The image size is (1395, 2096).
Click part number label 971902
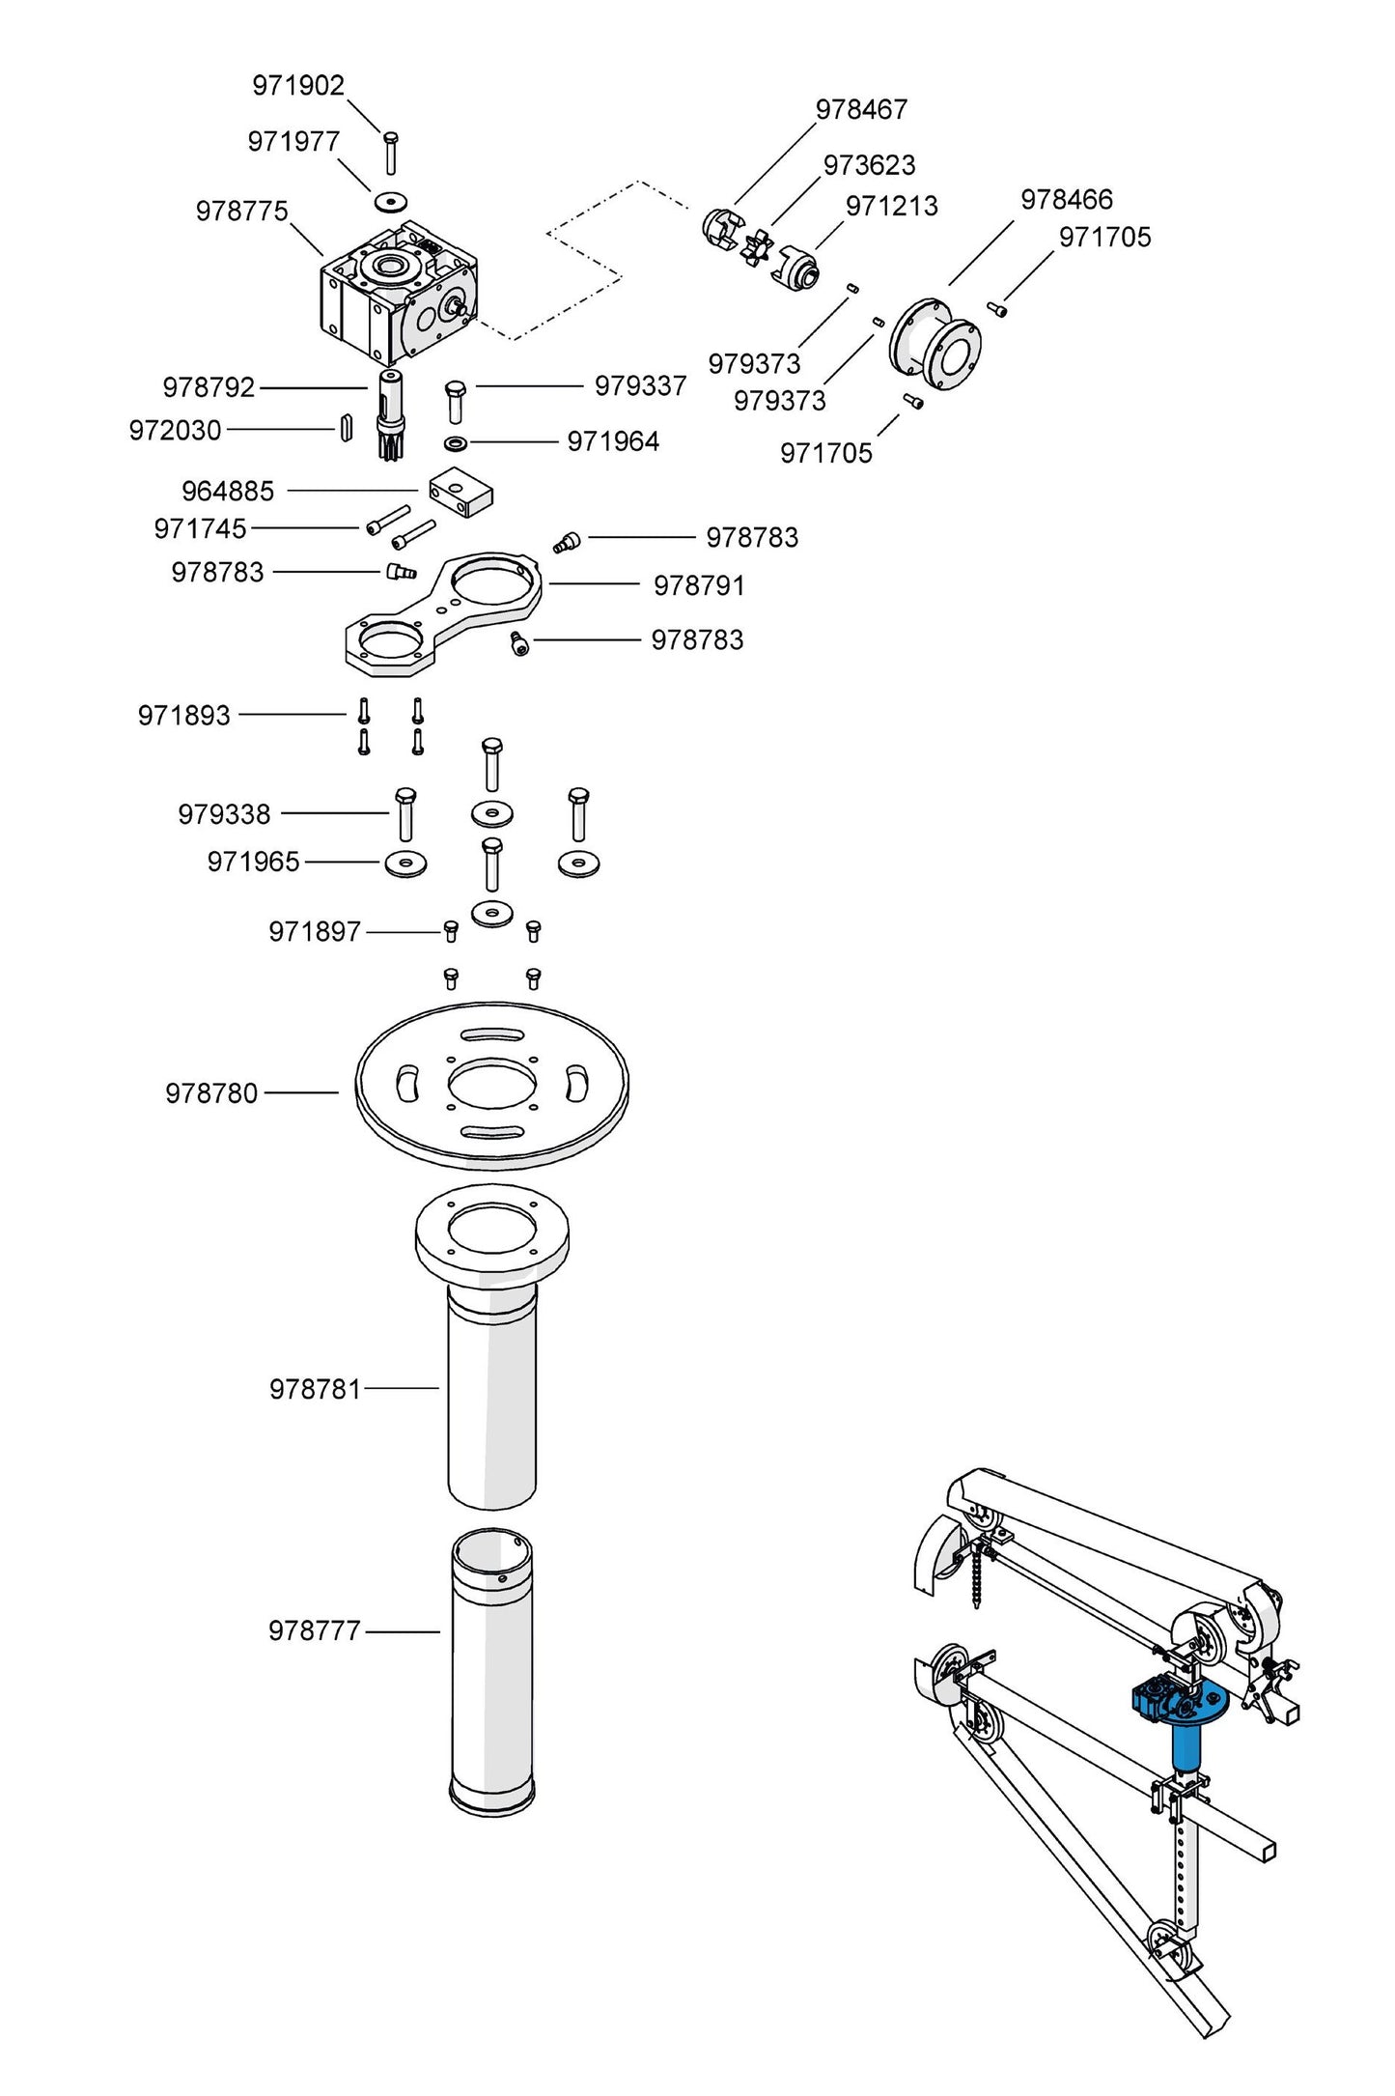pos(297,86)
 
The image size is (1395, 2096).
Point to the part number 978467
pos(861,110)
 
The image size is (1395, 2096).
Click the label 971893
pos(184,716)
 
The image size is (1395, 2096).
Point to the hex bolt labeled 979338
pos(405,813)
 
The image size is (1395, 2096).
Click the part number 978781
pos(315,1389)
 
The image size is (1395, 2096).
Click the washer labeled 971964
pos(456,443)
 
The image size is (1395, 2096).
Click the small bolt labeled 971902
pos(390,153)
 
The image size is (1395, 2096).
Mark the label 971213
pos(891,207)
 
